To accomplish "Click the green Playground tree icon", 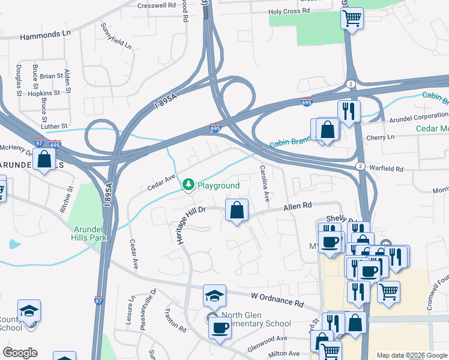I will click(x=188, y=185).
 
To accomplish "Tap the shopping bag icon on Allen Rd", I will click(x=237, y=210).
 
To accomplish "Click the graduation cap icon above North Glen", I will click(x=214, y=296).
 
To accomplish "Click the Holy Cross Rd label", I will click(x=289, y=11).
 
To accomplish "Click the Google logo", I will click(x=20, y=353).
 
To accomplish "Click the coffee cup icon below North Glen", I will click(x=220, y=328).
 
